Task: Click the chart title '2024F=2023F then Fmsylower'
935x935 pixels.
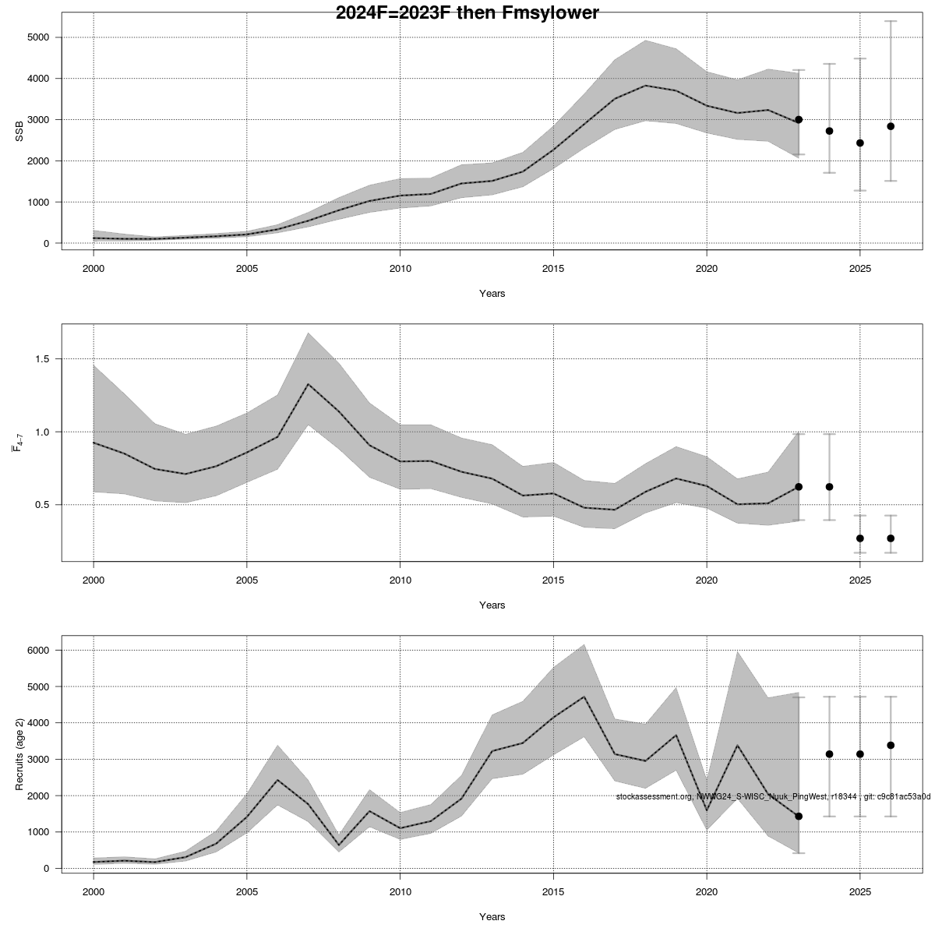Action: [x=467, y=13]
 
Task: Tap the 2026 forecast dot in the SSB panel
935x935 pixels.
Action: [x=891, y=126]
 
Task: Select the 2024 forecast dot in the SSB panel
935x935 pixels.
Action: [x=829, y=131]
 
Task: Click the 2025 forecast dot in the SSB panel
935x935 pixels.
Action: [x=860, y=143]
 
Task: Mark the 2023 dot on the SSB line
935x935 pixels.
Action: [x=799, y=120]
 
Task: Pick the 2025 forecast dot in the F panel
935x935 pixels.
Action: [x=860, y=538]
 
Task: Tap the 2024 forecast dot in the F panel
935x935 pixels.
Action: [x=829, y=487]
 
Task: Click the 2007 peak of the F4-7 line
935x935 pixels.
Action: [x=309, y=384]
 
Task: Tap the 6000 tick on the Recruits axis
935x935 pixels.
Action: [x=37, y=651]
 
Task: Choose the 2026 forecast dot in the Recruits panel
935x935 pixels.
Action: [x=891, y=745]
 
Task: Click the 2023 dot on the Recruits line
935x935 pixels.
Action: [x=799, y=816]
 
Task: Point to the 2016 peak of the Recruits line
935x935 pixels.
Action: [x=584, y=697]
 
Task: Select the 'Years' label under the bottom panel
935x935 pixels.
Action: [x=492, y=916]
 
